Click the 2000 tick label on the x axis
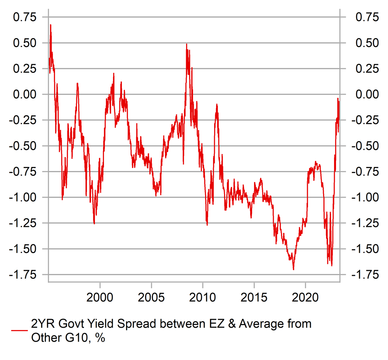click(100, 296)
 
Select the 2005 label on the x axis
click(151, 296)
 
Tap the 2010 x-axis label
click(203, 296)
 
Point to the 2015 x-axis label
click(254, 296)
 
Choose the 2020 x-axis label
click(306, 296)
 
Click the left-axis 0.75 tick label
click(25, 17)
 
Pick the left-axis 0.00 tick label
click(25, 94)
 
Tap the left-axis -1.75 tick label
click(23, 274)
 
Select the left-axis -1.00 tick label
click(23, 197)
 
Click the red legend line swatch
click(20, 330)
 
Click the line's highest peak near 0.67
click(50, 25)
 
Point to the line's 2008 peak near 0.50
click(186, 44)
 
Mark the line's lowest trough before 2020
click(293, 270)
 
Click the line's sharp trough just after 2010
click(207, 225)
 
